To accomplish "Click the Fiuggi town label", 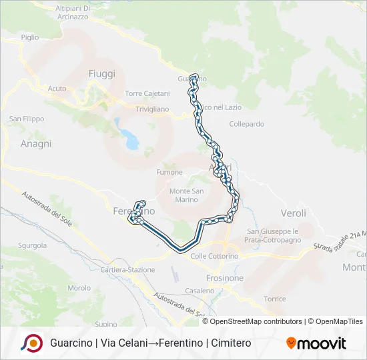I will coord(102,73).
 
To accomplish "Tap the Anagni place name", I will coord(36,143).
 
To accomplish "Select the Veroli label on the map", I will coord(293,213).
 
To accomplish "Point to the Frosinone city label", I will coord(224,277).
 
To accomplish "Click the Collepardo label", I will coord(246,124).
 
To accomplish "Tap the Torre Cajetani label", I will coord(147,93).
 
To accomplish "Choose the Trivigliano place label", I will coord(152,109).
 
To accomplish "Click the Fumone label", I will coord(169,172).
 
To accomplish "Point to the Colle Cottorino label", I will coord(214,256).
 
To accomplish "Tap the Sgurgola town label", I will coord(32,245).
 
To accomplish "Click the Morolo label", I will coord(79,288).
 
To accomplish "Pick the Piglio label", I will coord(30,38).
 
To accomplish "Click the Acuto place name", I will coord(57,88).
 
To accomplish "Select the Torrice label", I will coord(274,299).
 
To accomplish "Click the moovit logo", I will coord(316,343).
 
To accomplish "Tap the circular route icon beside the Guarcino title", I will coord(31,343).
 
